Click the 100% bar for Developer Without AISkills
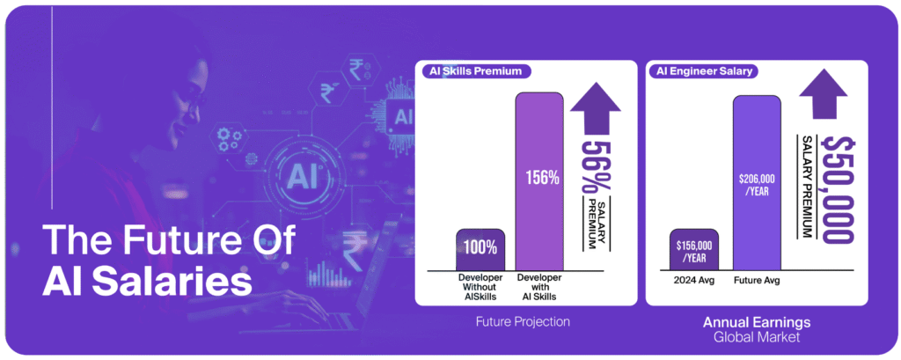point(480,250)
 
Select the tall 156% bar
point(539,181)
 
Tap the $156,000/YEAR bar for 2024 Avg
point(694,250)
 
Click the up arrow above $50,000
point(823,96)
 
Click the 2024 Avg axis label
point(694,282)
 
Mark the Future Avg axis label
point(757,282)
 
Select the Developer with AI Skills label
point(539,287)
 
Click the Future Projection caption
point(523,322)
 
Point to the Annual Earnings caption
point(756,322)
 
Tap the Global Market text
point(756,337)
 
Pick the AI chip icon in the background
point(403,117)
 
